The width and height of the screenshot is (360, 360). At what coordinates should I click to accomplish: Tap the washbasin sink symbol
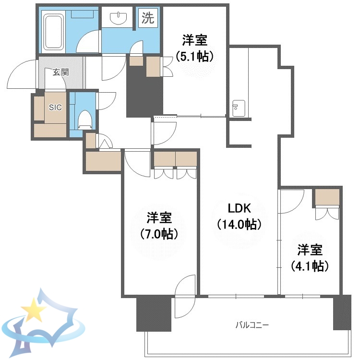[118, 19]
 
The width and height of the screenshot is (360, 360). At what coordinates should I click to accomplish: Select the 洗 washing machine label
[148, 18]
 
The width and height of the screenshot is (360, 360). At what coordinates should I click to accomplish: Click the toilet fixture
[84, 118]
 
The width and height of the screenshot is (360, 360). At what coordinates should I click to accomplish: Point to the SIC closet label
[55, 108]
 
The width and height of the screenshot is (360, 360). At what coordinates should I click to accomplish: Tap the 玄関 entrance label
[60, 72]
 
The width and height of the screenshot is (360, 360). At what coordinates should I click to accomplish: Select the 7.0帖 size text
[160, 234]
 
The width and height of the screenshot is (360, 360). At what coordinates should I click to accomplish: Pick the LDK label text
[239, 208]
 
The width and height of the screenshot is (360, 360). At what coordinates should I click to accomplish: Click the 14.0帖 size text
[239, 224]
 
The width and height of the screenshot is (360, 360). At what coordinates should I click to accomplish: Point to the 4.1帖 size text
[310, 265]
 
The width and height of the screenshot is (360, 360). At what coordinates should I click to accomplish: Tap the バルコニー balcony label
[252, 325]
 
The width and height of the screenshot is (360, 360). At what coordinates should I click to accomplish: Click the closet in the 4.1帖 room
[327, 197]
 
